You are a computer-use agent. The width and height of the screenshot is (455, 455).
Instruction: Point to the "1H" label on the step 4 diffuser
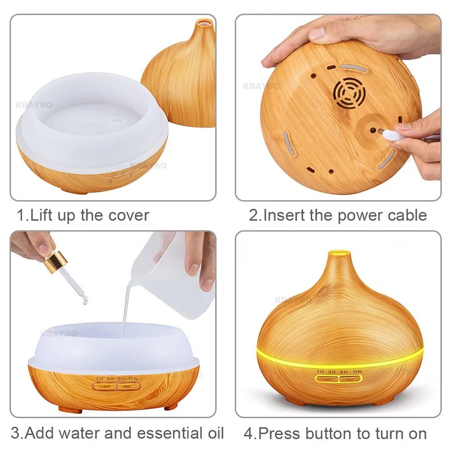[322, 370]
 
